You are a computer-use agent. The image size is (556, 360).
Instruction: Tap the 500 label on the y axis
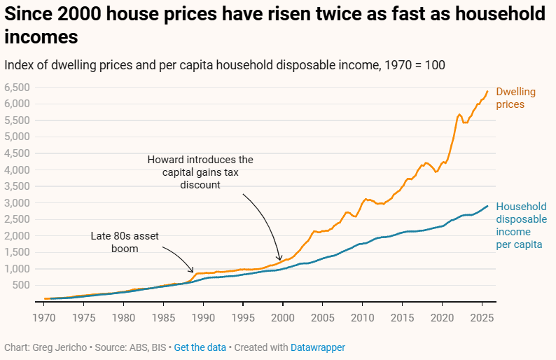(21, 286)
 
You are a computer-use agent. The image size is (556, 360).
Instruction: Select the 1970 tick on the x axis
(44, 316)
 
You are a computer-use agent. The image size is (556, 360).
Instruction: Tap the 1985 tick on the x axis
(163, 316)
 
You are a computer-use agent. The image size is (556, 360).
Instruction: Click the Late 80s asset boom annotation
(125, 242)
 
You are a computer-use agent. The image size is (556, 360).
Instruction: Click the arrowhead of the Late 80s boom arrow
(194, 271)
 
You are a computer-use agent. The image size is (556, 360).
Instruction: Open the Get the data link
(200, 347)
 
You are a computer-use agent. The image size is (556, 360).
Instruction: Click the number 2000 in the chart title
(81, 14)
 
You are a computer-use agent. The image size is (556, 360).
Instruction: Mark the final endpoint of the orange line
(488, 90)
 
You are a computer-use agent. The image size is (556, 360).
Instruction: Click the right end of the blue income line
(488, 206)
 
